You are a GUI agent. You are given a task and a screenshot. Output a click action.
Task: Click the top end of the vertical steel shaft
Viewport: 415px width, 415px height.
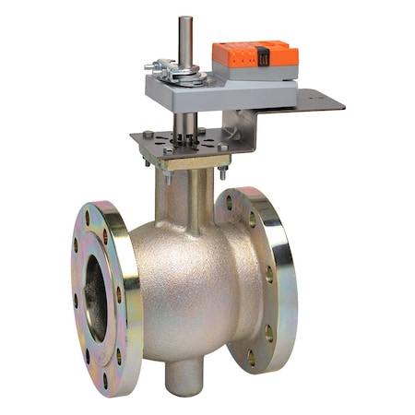[185, 20]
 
